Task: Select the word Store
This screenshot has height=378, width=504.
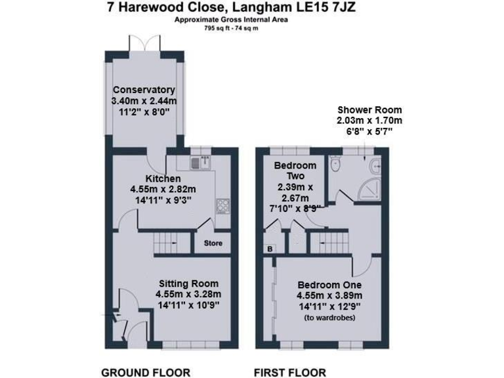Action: (x=213, y=243)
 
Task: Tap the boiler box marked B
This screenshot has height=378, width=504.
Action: (x=270, y=249)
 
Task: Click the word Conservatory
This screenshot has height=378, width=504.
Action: (x=144, y=90)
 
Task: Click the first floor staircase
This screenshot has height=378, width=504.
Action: (x=328, y=244)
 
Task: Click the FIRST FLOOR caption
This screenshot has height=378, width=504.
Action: (x=289, y=373)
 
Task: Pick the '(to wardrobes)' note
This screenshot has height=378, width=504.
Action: (x=329, y=318)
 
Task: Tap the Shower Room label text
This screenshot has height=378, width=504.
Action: (x=369, y=110)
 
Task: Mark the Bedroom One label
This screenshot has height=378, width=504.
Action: (x=329, y=285)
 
